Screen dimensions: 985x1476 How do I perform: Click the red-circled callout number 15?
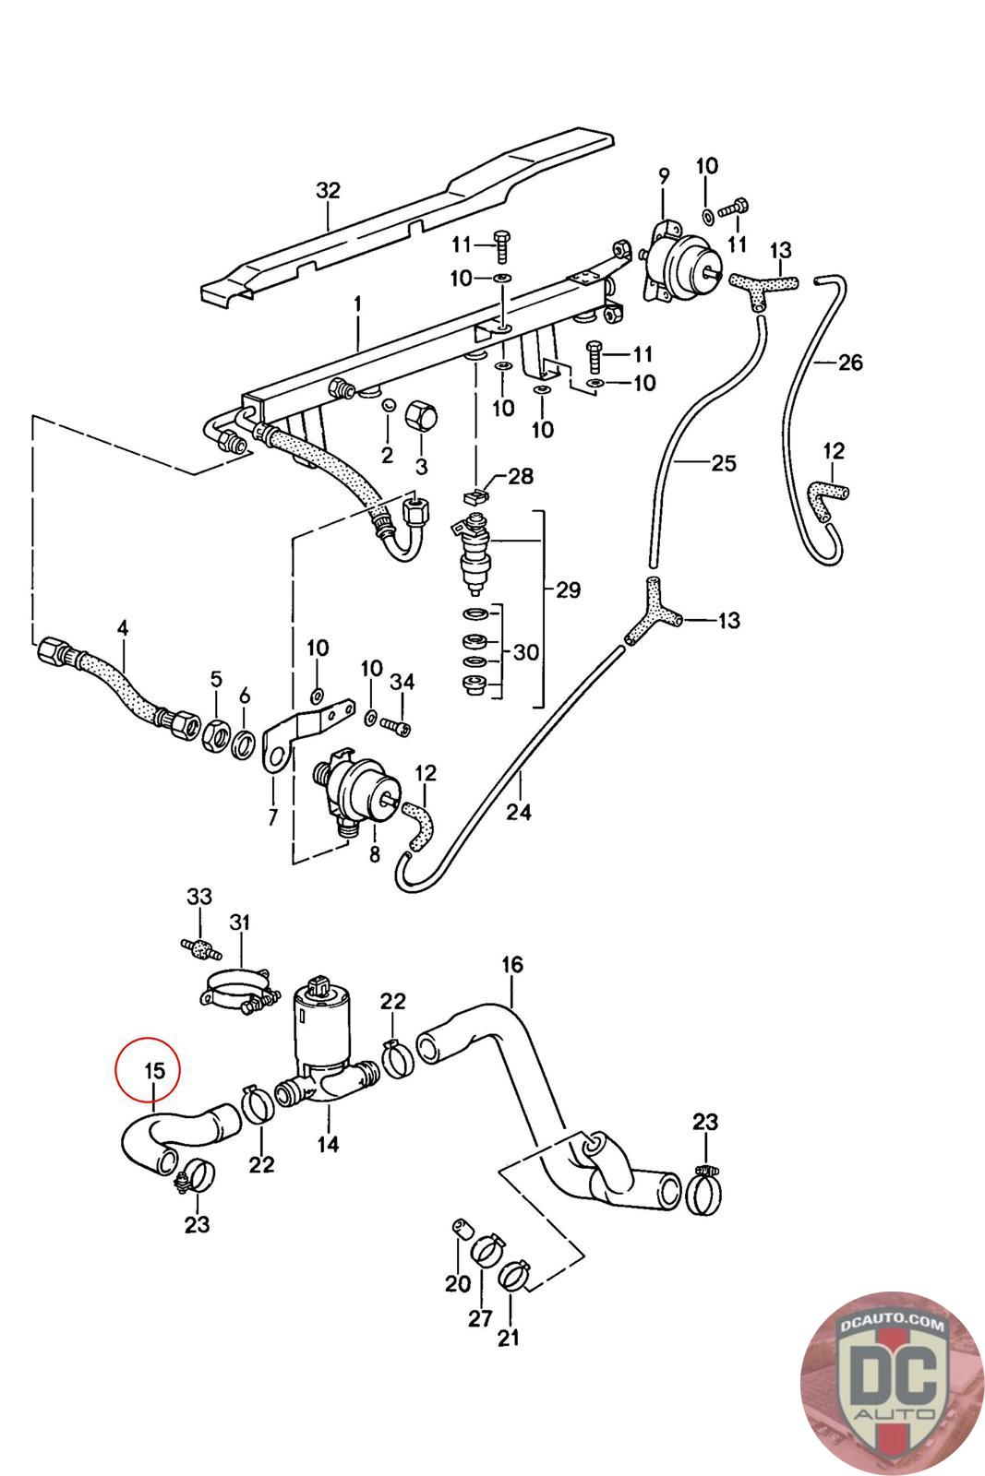click(x=154, y=1071)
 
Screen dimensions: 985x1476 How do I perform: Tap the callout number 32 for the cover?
click(x=328, y=190)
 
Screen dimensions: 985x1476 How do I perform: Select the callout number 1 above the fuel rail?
click(x=357, y=304)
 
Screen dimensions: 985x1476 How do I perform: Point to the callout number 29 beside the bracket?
click(x=568, y=589)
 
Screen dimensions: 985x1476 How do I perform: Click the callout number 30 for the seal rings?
click(x=526, y=652)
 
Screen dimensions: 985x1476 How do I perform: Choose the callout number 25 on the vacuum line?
click(x=723, y=463)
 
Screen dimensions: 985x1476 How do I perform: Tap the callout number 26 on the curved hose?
click(x=850, y=362)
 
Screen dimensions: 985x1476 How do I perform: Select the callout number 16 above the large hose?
click(x=511, y=965)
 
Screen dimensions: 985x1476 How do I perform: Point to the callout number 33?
click(x=199, y=896)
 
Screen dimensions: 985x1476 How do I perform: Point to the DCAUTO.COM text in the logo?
click(x=893, y=1320)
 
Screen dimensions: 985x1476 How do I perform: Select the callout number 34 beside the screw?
click(x=402, y=682)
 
